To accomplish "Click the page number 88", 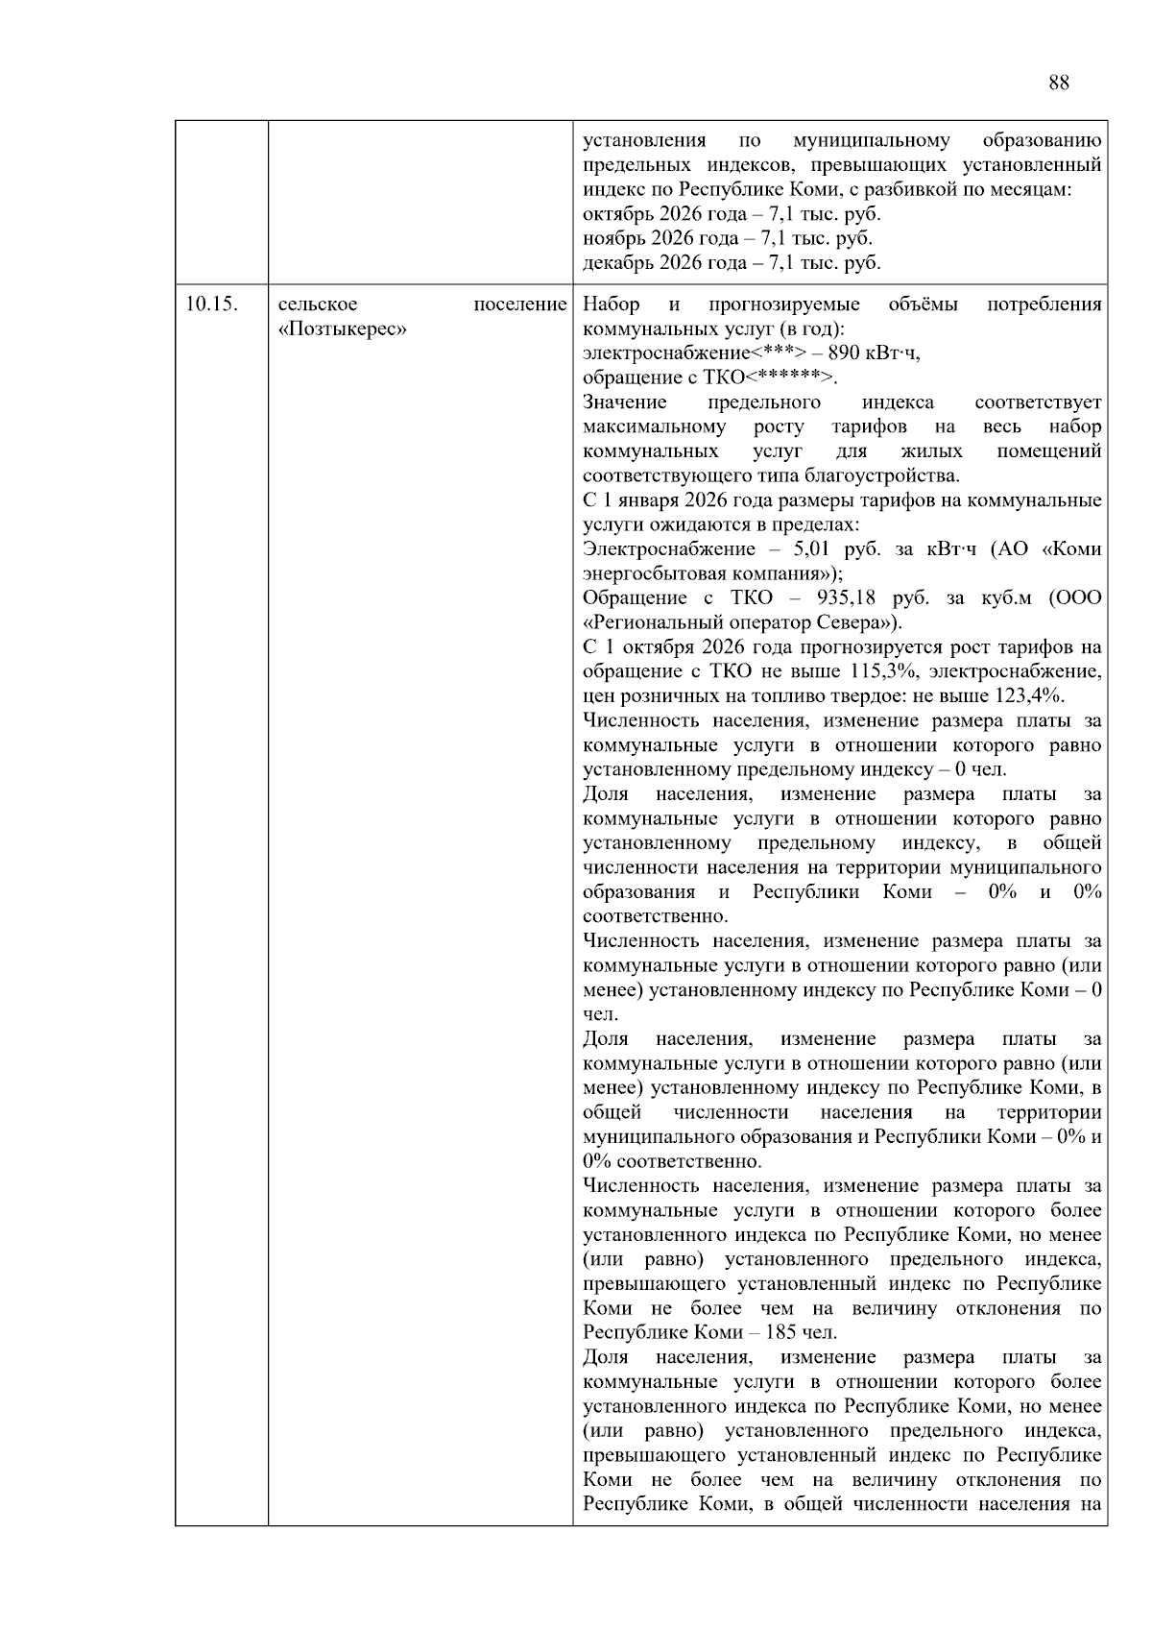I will (x=1058, y=83).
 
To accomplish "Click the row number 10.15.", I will (x=211, y=304).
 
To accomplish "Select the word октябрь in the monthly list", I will (x=615, y=214).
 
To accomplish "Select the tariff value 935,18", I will (x=852, y=598).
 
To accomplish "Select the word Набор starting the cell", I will (x=612, y=304).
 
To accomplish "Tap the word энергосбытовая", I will (x=646, y=574).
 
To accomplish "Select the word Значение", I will (x=624, y=402).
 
